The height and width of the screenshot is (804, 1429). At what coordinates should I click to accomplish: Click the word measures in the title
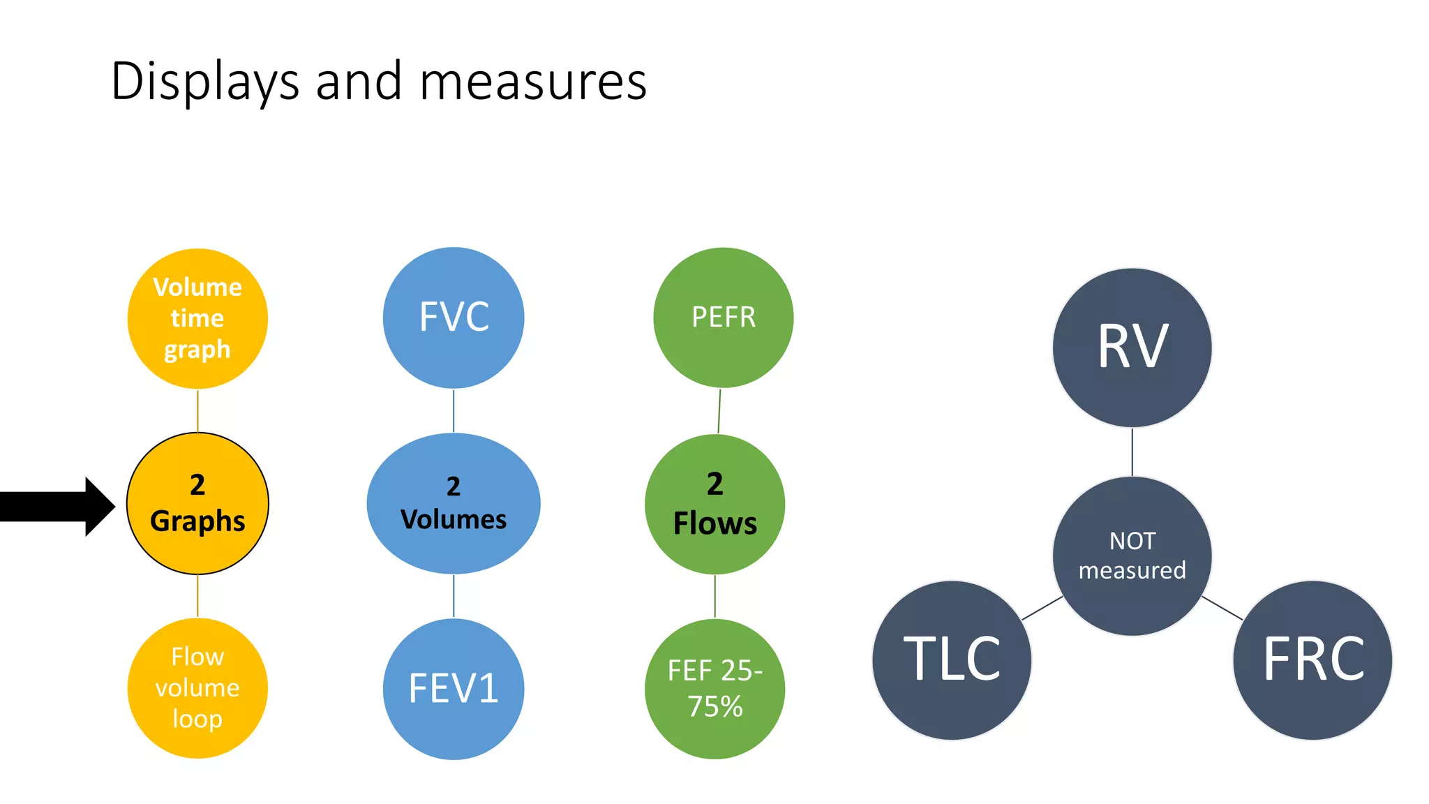click(x=533, y=82)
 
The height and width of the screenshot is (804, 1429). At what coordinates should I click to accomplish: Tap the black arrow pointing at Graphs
click(x=56, y=506)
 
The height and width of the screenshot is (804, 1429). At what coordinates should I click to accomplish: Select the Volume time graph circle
click(x=197, y=318)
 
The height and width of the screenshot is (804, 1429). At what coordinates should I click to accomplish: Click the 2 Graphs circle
click(x=197, y=503)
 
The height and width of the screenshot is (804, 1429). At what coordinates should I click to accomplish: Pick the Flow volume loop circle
click(x=197, y=688)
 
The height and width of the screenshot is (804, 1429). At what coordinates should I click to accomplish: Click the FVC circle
click(x=454, y=318)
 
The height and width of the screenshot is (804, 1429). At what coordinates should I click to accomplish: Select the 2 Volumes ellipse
click(x=454, y=503)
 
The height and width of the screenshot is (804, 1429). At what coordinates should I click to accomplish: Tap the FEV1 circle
click(x=454, y=689)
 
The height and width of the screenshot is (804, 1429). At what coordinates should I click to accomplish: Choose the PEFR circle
click(x=723, y=318)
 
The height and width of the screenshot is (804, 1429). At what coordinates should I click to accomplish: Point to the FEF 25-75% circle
click(x=714, y=689)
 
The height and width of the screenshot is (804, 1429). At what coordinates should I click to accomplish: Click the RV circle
click(x=1132, y=348)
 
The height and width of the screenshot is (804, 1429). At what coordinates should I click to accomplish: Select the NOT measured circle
click(x=1132, y=556)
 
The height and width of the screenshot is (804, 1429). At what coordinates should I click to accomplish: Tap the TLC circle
click(x=952, y=660)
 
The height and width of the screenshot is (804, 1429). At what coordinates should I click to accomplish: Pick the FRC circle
click(x=1312, y=660)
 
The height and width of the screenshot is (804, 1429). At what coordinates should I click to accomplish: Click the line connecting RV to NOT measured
click(x=1132, y=452)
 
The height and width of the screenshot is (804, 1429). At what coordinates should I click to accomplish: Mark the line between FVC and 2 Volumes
click(x=454, y=410)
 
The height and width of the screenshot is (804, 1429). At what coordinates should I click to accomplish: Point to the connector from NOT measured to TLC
click(x=1042, y=608)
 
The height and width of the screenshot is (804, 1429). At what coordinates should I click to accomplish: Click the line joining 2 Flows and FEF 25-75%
click(x=714, y=597)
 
